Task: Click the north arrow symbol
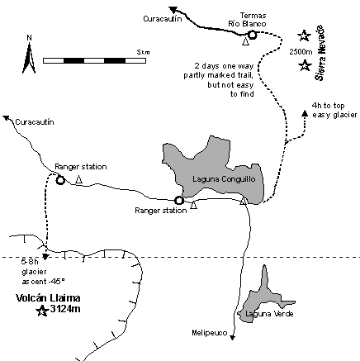(x=29, y=58)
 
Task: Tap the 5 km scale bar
(x=94, y=60)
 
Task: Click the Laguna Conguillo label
(x=224, y=179)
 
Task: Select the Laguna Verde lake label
(x=269, y=314)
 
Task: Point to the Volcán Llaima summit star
(x=42, y=311)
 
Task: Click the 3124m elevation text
(x=65, y=309)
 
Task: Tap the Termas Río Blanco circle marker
(x=252, y=35)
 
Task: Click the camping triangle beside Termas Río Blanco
(x=245, y=41)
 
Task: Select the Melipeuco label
(x=210, y=333)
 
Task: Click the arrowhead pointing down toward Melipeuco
(x=233, y=337)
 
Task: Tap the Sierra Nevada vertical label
(x=320, y=53)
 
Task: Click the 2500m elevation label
(x=301, y=51)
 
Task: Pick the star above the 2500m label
(x=304, y=36)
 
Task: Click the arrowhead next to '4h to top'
(x=305, y=113)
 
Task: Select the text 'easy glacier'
(x=334, y=115)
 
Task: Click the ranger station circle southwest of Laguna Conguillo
(x=179, y=201)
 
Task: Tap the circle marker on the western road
(x=60, y=180)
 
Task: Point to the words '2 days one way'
(x=224, y=66)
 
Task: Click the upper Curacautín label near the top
(x=163, y=19)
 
